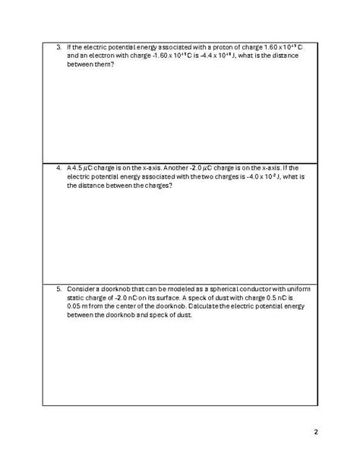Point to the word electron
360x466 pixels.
[93, 55]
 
